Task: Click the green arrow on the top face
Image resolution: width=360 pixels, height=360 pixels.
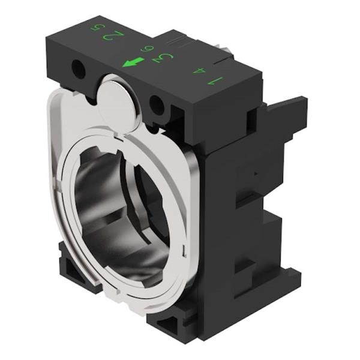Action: pyautogui.click(x=134, y=62)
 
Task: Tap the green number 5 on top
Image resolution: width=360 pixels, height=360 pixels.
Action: pyautogui.click(x=95, y=28)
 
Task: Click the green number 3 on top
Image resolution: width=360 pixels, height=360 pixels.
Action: pyautogui.click(x=164, y=58)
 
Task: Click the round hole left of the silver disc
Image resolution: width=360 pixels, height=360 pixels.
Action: pyautogui.click(x=78, y=70)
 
